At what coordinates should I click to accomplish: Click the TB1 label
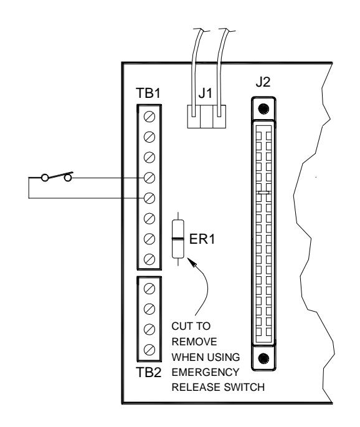(148, 93)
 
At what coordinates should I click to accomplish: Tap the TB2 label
(149, 372)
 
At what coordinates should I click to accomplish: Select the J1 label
(205, 94)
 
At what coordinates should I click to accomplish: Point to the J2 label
(263, 82)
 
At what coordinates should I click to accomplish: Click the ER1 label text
(202, 239)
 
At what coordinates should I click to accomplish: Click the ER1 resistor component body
(178, 239)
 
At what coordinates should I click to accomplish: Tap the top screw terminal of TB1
(149, 117)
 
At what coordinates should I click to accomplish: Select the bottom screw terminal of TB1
(149, 259)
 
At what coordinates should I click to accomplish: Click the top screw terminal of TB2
(149, 289)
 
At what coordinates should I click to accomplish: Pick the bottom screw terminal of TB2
(149, 350)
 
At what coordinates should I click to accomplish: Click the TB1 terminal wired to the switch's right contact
(149, 178)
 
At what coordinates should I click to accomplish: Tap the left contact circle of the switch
(45, 178)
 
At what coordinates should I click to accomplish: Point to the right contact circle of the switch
(67, 178)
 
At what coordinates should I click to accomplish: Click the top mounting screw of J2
(263, 108)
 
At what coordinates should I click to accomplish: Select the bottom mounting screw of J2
(263, 358)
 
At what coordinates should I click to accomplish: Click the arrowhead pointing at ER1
(192, 262)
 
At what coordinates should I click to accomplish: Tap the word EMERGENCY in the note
(206, 372)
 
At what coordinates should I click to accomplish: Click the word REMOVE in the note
(194, 342)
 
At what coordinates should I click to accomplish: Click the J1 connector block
(207, 117)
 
